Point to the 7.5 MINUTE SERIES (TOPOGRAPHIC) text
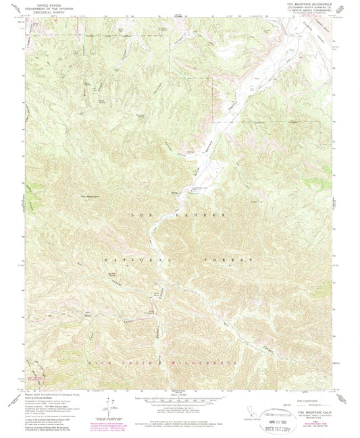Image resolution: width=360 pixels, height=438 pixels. tap(303, 11)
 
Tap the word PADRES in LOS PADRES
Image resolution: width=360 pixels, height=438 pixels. tap(205, 214)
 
